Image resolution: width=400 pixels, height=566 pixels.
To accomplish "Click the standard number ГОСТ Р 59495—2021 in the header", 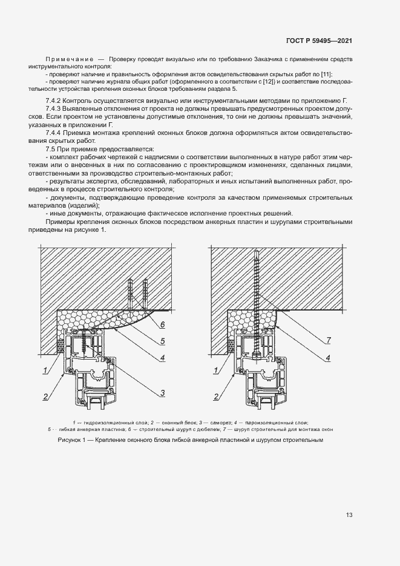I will pos(318,41).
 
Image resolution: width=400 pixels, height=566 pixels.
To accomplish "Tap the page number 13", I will pos(349,515).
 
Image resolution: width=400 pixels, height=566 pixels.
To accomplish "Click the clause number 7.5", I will pos(51,148).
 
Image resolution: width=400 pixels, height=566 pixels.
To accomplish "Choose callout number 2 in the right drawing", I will pos(217,397).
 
